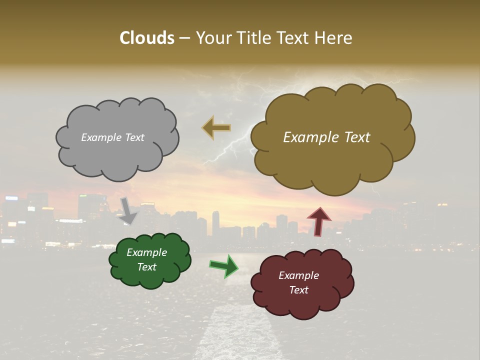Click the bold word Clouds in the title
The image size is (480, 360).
tap(147, 38)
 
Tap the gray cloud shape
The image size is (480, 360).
tap(117, 155)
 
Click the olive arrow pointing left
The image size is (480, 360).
tap(216, 127)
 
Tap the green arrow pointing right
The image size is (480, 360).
tap(223, 266)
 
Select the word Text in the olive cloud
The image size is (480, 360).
tap(355, 137)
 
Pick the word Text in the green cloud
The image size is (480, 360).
tap(147, 267)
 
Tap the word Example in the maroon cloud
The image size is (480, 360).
tap(298, 275)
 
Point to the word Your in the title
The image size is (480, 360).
tap(213, 38)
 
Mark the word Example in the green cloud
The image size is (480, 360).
tap(147, 253)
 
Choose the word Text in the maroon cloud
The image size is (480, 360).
tap(298, 290)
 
